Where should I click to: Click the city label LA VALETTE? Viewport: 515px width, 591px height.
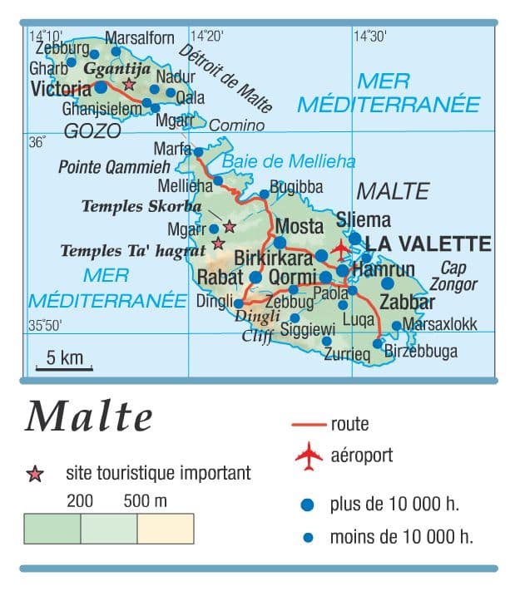[428, 244]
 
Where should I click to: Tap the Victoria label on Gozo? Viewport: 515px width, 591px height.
[60, 87]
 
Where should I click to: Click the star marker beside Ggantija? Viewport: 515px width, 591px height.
[128, 84]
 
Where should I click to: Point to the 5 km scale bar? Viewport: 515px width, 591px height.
[63, 367]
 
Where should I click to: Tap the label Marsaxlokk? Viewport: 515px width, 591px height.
[439, 324]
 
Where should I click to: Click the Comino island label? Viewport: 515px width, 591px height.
[236, 126]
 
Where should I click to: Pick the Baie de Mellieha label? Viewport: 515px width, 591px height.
[288, 161]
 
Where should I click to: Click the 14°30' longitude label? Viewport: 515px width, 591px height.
[370, 36]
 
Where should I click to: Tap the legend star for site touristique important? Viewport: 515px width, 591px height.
[35, 475]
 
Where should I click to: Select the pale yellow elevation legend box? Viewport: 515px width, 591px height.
[166, 529]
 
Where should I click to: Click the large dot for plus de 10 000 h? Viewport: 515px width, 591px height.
[309, 504]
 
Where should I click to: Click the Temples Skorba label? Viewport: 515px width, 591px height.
[141, 206]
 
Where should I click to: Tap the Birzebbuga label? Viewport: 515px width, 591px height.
[421, 352]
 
